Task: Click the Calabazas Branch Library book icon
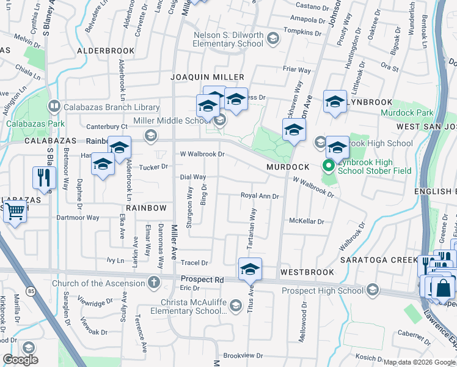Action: click(x=54, y=107)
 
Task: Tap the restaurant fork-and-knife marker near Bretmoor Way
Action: click(x=45, y=177)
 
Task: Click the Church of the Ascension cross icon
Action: click(x=153, y=283)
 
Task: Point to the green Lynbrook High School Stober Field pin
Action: click(x=328, y=166)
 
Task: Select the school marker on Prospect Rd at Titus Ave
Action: click(x=249, y=269)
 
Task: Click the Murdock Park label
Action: click(x=407, y=113)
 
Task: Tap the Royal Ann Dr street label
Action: click(x=260, y=196)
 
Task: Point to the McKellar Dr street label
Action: click(x=306, y=221)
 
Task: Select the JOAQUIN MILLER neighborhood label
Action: click(x=207, y=77)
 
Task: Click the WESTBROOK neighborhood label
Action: click(x=307, y=272)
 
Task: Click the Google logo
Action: click(x=20, y=360)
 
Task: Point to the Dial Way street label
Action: click(x=192, y=177)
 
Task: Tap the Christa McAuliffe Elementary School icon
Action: click(x=235, y=310)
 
